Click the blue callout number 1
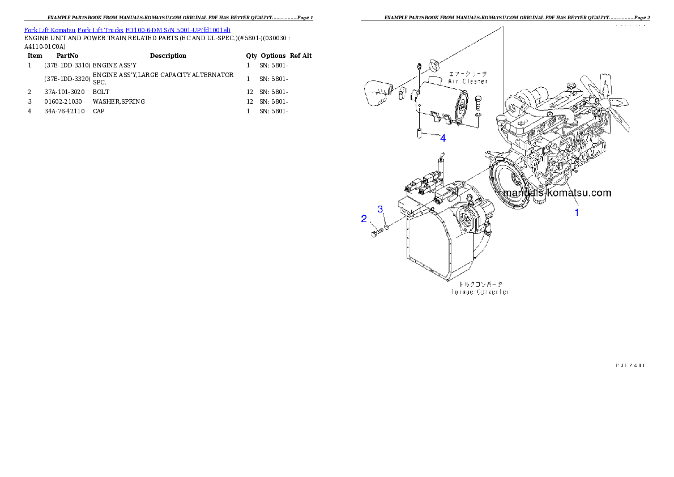point(577,213)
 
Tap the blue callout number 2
point(364,219)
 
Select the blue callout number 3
point(381,209)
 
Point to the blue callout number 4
point(442,138)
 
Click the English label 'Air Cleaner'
point(468,82)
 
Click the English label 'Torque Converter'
point(480,292)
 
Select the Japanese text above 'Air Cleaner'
point(468,74)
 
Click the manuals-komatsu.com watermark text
point(557,193)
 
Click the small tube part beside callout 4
point(419,135)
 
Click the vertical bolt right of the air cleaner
point(479,103)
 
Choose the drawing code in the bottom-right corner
point(630,365)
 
